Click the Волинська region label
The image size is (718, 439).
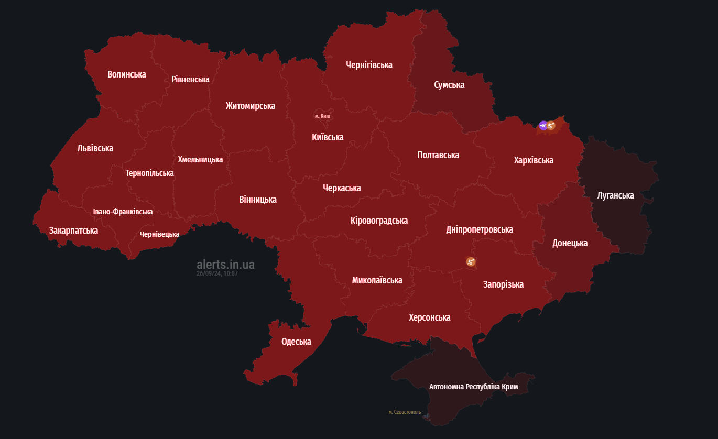[x=126, y=74]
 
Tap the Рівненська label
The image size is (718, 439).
[x=190, y=80]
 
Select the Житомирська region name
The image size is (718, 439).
[x=250, y=106]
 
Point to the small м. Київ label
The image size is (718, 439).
[x=322, y=116]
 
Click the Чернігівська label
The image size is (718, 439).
[x=369, y=65]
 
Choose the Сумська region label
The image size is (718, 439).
[x=449, y=85]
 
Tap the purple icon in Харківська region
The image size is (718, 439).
[x=543, y=125]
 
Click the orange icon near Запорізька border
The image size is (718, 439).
[x=471, y=261]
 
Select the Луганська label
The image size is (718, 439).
[x=615, y=195]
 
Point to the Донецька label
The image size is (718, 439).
[x=570, y=243]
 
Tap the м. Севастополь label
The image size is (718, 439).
[x=405, y=412]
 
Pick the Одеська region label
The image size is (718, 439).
[x=296, y=342]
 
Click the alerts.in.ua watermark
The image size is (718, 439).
[x=225, y=265]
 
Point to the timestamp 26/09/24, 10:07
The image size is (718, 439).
[x=217, y=273]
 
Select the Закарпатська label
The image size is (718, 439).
[x=73, y=231]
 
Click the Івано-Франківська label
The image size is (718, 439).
[x=123, y=212]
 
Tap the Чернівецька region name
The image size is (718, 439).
[x=159, y=234]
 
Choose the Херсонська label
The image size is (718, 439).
[x=429, y=317]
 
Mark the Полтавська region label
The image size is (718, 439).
[x=438, y=155]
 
